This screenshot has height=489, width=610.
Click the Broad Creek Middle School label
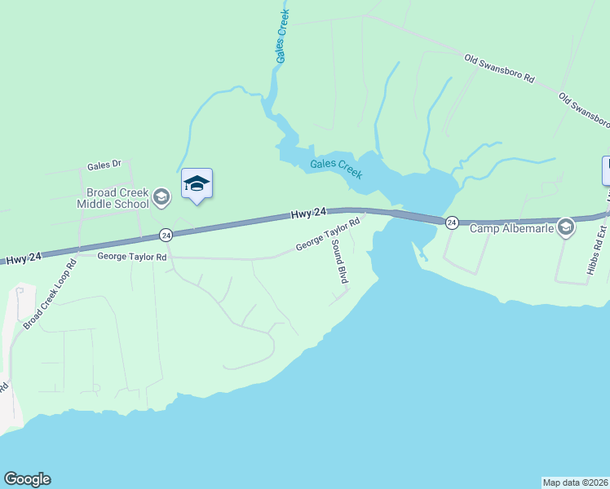[x=113, y=197]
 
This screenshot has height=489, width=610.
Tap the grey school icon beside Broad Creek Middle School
[x=161, y=196]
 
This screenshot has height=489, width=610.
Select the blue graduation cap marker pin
[x=197, y=183]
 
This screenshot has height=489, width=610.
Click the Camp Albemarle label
[x=511, y=228]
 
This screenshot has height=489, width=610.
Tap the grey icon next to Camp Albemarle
[x=564, y=227]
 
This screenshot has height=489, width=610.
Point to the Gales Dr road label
[x=104, y=165]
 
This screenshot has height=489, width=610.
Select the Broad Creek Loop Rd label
[x=50, y=294]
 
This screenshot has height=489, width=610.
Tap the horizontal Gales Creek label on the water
[x=336, y=169]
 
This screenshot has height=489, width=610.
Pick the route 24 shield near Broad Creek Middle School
[x=166, y=235]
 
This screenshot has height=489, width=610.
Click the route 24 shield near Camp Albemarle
[x=451, y=222]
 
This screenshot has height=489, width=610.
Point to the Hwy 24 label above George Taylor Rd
[x=308, y=214]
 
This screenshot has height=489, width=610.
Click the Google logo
[x=27, y=479]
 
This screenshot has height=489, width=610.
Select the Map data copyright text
[x=575, y=482]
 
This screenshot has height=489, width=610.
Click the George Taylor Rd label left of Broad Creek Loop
[x=132, y=256]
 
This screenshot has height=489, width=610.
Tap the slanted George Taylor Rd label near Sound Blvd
[x=327, y=234]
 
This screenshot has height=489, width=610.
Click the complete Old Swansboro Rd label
[x=498, y=69]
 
